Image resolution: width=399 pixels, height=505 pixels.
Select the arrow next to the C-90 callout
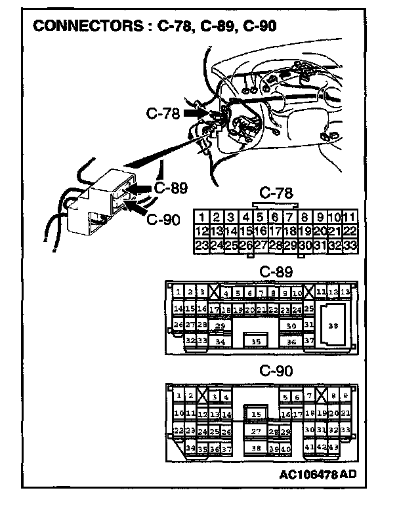pos(136,209)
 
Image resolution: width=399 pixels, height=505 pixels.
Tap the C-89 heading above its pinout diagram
pos(276,272)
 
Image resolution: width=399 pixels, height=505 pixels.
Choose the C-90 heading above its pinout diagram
pos(276,371)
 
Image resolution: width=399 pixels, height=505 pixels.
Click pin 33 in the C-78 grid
pos(350,246)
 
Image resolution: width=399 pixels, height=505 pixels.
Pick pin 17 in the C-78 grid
pos(275,232)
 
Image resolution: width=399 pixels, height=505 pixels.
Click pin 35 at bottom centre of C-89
pos(256,341)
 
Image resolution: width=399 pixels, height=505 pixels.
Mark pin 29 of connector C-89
pos(220,325)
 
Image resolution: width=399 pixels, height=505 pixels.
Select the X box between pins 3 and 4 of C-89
pos(215,292)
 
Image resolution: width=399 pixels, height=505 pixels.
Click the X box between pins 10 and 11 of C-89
pos(308,292)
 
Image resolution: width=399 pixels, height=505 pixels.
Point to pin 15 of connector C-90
pos(257,414)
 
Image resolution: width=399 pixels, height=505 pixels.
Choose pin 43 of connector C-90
pos(333,447)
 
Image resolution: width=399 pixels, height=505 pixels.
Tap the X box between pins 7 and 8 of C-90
pos(321,395)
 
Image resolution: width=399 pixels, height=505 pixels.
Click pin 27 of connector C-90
pos(257,431)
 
